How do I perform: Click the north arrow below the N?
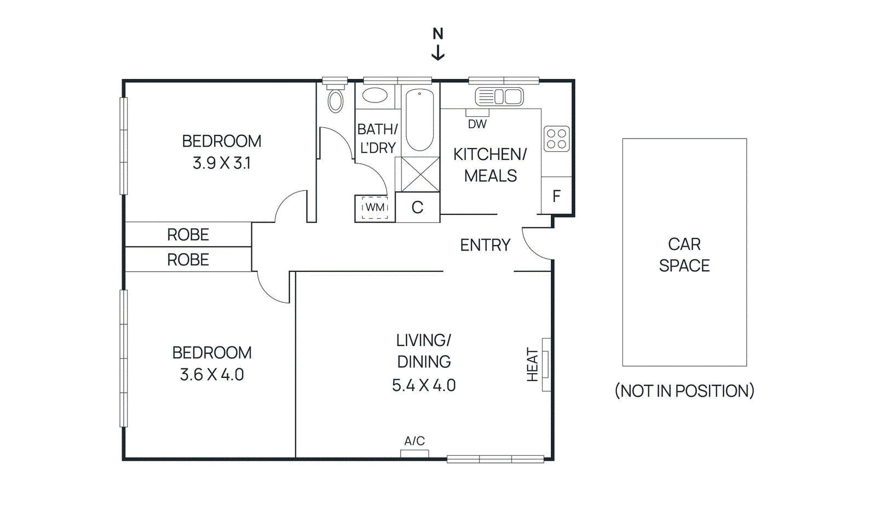coord(437,53)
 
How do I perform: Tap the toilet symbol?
coord(335,100)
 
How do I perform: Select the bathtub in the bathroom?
coord(420,119)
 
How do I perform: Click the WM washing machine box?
coord(374,208)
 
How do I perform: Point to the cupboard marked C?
coord(417,207)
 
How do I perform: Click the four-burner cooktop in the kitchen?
coord(556,139)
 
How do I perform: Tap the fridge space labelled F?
coord(556,196)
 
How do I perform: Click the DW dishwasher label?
coord(477,124)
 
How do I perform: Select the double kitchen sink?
coord(499,97)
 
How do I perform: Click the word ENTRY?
coord(485,245)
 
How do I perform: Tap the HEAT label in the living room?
coord(533,364)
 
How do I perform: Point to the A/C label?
coord(414,441)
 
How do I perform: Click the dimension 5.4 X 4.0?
coord(423,385)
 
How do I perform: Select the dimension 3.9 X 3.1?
coord(221,163)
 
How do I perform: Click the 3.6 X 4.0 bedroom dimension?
coord(211,375)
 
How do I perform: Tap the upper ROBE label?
coord(188,235)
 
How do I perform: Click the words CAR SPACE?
coord(684,255)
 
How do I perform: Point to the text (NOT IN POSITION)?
coord(684,391)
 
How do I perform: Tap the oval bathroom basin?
coord(375,95)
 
